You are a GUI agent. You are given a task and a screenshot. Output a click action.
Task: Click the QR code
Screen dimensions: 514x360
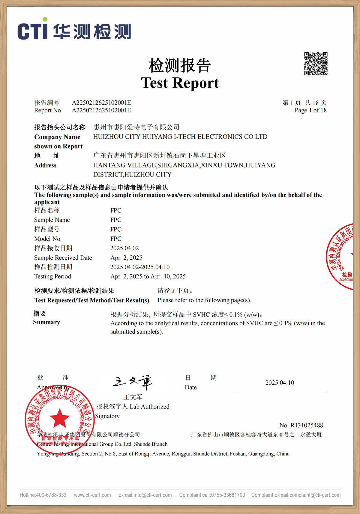click(x=316, y=64)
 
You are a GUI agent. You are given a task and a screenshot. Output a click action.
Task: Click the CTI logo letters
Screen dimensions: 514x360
click(x=32, y=30)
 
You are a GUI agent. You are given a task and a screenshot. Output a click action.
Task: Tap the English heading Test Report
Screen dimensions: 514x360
click(x=180, y=83)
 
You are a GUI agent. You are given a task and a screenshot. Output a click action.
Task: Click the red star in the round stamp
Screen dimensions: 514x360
click(x=60, y=418)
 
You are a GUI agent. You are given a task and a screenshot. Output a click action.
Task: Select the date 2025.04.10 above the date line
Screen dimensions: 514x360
click(x=280, y=383)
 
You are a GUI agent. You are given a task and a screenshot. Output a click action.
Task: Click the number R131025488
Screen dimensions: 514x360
click(x=306, y=425)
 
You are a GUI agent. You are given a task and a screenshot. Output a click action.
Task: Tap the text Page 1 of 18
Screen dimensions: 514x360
click(x=310, y=110)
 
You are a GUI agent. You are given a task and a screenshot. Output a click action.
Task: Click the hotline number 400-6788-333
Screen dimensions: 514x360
click(x=51, y=495)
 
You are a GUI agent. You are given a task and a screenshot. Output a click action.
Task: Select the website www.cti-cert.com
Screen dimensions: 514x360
click(x=92, y=495)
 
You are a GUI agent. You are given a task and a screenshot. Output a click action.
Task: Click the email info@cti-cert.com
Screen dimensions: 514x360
click(x=153, y=495)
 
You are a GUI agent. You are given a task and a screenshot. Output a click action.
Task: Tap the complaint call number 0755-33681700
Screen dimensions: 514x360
click(x=228, y=495)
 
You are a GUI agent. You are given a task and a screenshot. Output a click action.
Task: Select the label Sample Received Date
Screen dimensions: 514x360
click(x=63, y=258)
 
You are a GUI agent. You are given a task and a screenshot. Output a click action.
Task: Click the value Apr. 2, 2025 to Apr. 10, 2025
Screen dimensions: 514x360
click(x=148, y=276)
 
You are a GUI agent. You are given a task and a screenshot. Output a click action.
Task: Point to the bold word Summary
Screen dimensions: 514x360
click(x=46, y=322)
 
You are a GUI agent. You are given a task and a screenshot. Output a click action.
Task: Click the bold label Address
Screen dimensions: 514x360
click(x=45, y=165)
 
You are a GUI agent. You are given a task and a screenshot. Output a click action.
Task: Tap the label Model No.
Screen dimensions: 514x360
click(x=48, y=239)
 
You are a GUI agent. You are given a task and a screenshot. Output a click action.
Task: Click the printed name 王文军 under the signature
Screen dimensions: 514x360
click(x=133, y=397)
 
